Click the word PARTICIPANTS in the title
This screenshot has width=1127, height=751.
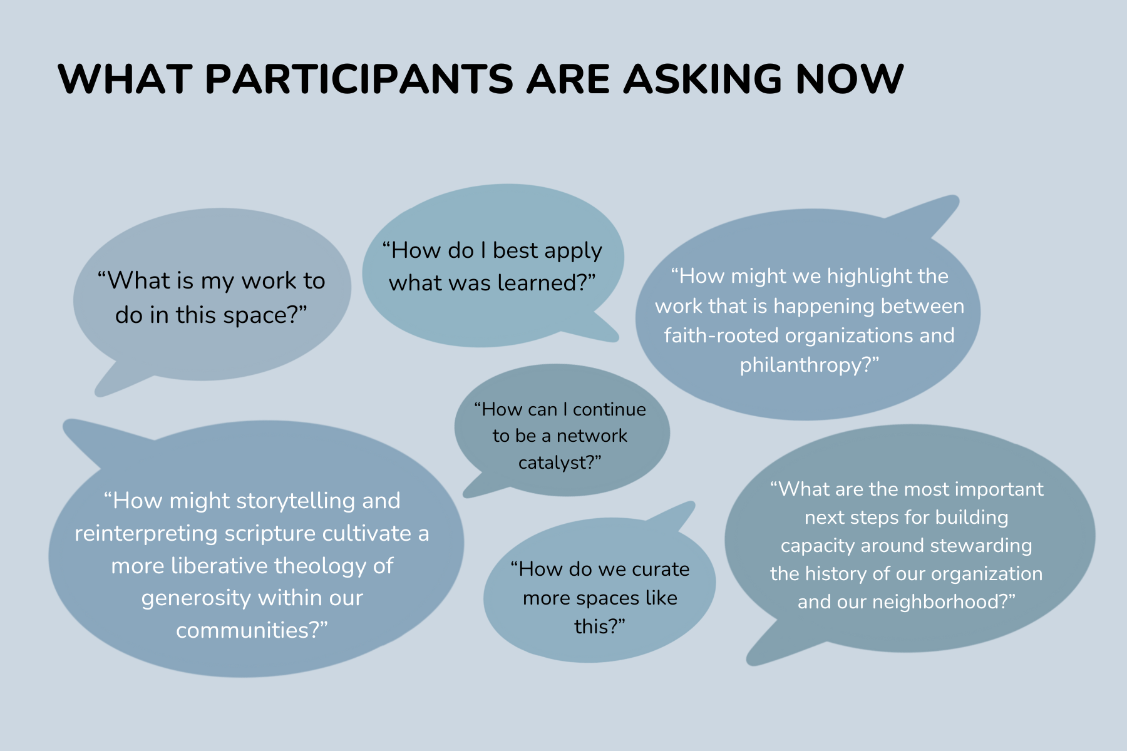(x=359, y=79)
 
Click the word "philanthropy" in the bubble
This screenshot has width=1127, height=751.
(x=805, y=365)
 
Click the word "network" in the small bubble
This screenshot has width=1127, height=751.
(x=592, y=436)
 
